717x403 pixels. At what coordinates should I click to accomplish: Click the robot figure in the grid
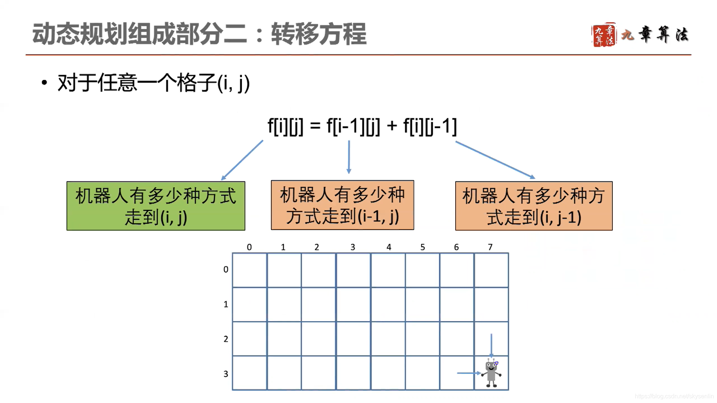(x=491, y=373)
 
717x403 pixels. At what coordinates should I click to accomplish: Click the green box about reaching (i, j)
(x=156, y=206)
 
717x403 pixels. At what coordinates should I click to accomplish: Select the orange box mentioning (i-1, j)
(x=342, y=205)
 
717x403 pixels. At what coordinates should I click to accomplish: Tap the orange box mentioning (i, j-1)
(x=534, y=206)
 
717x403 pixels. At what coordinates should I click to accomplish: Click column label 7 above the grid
(x=490, y=247)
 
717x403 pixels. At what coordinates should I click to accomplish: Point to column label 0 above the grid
(x=249, y=247)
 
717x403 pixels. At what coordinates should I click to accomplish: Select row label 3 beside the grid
(x=226, y=374)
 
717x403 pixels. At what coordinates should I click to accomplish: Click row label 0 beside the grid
(x=226, y=269)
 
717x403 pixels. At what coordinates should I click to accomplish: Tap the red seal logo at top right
(x=603, y=35)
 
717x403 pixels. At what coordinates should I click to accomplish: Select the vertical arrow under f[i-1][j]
(x=349, y=157)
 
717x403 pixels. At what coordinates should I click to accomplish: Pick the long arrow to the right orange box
(x=495, y=160)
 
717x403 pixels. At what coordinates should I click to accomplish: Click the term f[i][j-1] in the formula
(x=430, y=126)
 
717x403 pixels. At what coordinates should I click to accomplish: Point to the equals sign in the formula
(x=315, y=126)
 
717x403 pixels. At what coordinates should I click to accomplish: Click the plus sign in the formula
(x=392, y=126)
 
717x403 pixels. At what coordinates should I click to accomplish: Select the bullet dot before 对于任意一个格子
(x=44, y=82)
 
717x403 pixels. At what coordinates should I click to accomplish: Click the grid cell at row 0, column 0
(x=249, y=270)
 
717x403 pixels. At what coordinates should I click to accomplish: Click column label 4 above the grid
(x=388, y=247)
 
